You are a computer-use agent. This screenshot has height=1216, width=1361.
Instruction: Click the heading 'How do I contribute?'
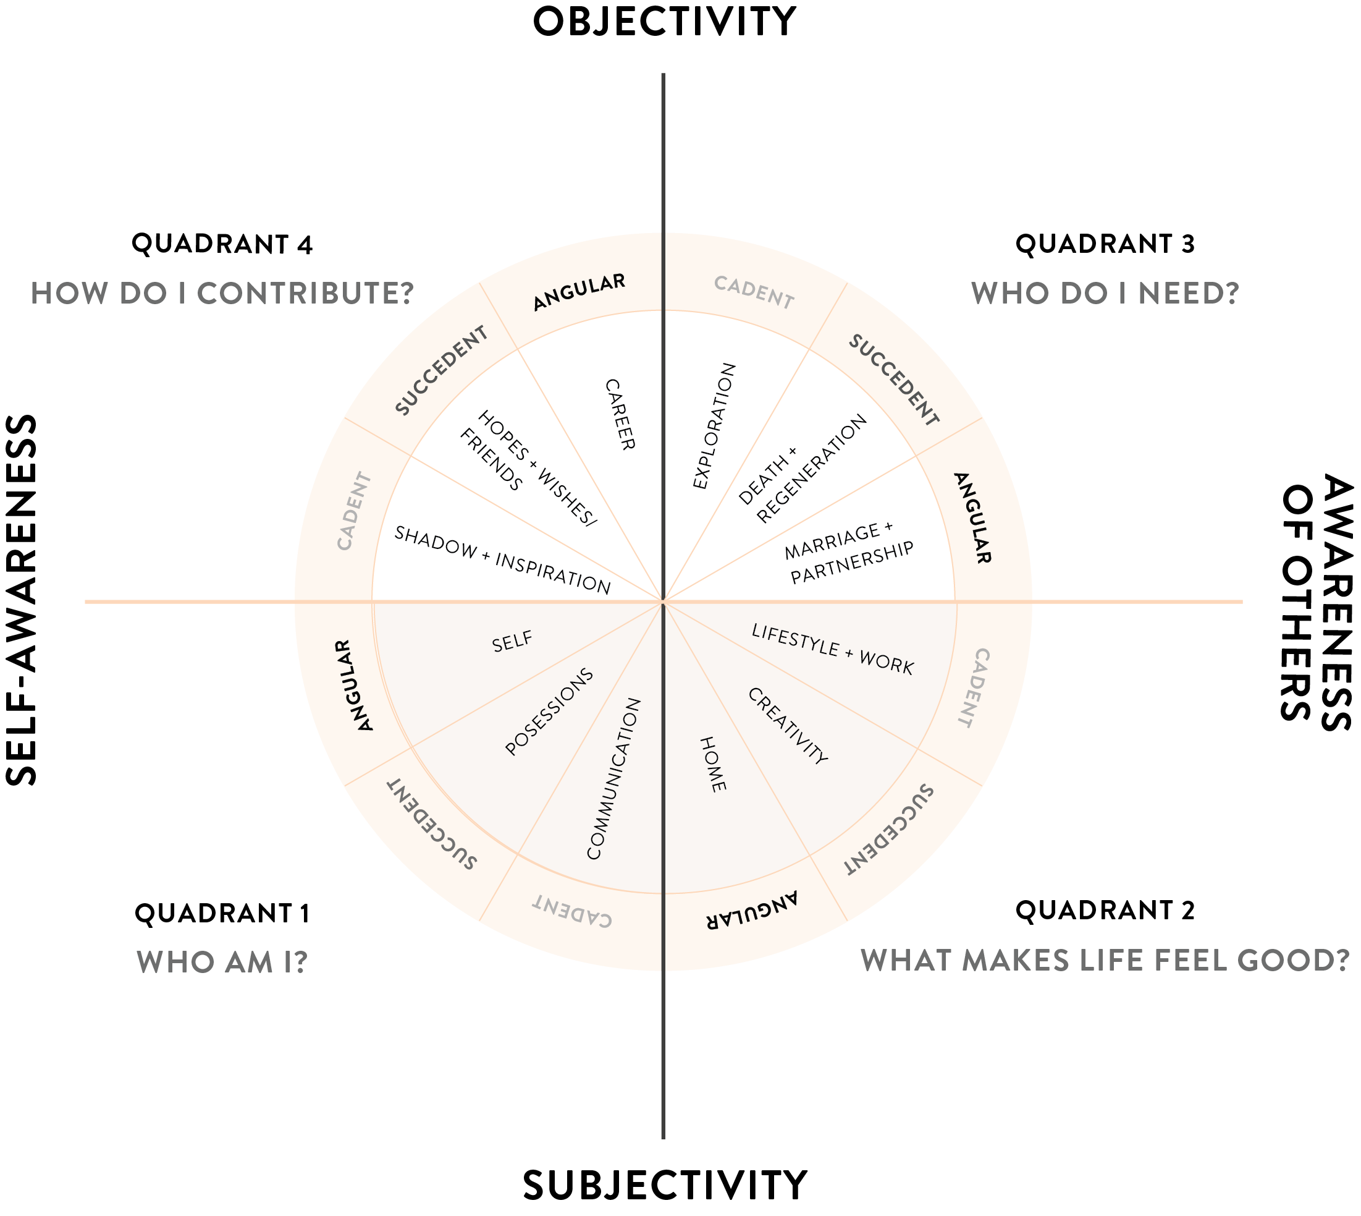pyautogui.click(x=222, y=293)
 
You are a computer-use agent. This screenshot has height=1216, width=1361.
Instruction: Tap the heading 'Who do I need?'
pyautogui.click(x=1105, y=293)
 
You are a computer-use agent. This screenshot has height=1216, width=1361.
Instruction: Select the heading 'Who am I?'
pyautogui.click(x=222, y=961)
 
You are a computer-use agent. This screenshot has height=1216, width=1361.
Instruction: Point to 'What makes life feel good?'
pyautogui.click(x=1105, y=960)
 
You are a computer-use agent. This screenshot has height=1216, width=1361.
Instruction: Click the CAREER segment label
pyautogui.click(x=620, y=414)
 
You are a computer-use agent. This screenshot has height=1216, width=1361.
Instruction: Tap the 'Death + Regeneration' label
pyautogui.click(x=802, y=469)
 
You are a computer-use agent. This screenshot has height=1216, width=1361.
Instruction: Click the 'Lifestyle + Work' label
pyautogui.click(x=832, y=648)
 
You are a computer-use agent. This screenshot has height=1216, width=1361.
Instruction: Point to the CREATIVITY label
pyautogui.click(x=787, y=726)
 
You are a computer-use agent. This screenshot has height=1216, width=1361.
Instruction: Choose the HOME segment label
pyautogui.click(x=712, y=764)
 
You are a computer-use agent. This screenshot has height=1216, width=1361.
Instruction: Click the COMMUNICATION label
pyautogui.click(x=613, y=779)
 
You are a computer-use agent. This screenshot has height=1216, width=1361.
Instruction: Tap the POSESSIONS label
pyautogui.click(x=549, y=712)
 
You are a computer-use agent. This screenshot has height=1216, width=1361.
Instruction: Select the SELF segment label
pyautogui.click(x=512, y=642)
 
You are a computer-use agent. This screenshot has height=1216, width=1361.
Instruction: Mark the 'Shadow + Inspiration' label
pyautogui.click(x=502, y=560)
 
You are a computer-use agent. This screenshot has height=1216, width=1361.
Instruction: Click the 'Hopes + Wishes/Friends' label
pyautogui.click(x=528, y=469)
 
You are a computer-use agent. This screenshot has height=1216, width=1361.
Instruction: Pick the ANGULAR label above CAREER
pyautogui.click(x=579, y=291)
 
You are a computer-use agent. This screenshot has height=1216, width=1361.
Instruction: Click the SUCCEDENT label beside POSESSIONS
pyautogui.click(x=432, y=825)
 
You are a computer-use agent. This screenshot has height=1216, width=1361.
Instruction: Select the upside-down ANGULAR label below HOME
pyautogui.click(x=752, y=910)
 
